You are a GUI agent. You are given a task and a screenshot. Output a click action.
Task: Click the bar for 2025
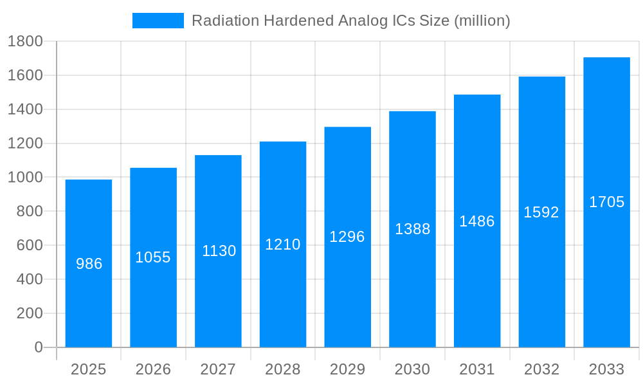(x=89, y=263)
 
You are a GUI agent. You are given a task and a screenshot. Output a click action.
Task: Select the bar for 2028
(x=283, y=244)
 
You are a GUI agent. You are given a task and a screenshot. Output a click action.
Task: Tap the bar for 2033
(x=606, y=202)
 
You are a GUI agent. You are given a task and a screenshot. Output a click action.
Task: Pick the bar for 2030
(x=412, y=229)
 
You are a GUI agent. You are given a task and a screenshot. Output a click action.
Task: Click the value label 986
(x=89, y=264)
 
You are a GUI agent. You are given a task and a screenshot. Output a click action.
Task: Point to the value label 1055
(x=153, y=257)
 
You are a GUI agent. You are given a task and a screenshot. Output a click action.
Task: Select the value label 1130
(x=219, y=251)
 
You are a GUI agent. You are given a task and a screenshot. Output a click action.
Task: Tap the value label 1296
(x=347, y=237)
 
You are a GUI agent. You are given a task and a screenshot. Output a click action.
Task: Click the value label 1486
(x=476, y=221)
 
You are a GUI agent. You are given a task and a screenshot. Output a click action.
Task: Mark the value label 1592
(x=541, y=212)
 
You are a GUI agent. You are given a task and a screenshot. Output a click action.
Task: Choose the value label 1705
(x=606, y=202)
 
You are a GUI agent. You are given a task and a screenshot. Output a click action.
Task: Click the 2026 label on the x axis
(x=153, y=369)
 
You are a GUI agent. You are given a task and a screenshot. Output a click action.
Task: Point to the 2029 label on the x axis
(x=347, y=369)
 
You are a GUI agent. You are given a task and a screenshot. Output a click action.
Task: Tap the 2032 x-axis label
(x=541, y=369)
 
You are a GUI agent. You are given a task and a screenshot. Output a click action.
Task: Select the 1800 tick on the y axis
(x=25, y=42)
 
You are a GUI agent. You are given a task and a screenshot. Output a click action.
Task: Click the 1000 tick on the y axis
(x=25, y=178)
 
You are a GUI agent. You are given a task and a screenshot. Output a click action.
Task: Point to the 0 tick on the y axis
(x=38, y=347)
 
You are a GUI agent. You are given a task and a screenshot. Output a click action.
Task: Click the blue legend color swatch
(x=158, y=21)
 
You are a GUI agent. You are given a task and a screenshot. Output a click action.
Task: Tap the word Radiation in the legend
(x=219, y=21)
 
